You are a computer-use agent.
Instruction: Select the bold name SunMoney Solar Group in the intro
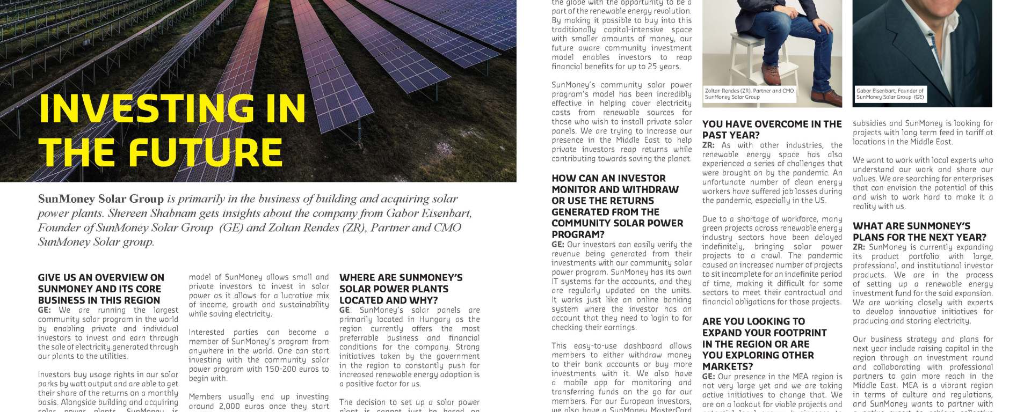coord(100,199)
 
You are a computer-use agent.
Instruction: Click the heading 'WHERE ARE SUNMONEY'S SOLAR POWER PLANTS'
coord(401,289)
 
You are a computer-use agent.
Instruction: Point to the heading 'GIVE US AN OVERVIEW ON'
coord(101,277)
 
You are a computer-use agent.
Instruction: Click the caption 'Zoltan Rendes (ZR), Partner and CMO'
coord(749,91)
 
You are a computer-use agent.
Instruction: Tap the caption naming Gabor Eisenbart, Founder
coord(890,91)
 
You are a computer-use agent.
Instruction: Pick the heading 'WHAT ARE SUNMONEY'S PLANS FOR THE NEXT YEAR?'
coord(919,231)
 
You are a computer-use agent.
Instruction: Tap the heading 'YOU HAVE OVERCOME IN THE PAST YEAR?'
coord(772,129)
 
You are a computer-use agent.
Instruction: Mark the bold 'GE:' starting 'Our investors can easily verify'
coord(557,245)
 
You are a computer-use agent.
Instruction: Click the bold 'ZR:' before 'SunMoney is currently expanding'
coord(859,247)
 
